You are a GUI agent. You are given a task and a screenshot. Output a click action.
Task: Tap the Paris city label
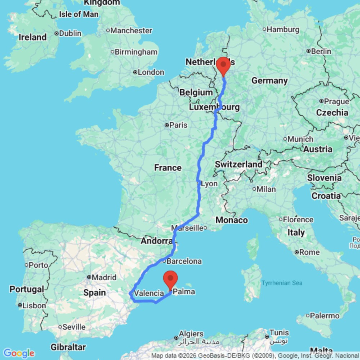(179, 125)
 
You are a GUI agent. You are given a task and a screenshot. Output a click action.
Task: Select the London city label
(151, 72)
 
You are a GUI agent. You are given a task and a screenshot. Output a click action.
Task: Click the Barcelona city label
(186, 261)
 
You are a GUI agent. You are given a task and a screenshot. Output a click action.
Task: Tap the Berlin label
(321, 51)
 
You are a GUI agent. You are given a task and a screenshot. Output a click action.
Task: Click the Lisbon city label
(34, 306)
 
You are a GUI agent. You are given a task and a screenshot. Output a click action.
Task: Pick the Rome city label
(309, 252)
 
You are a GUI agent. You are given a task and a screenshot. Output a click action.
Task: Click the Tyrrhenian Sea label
(282, 283)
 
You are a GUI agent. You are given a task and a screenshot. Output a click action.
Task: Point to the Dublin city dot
(57, 33)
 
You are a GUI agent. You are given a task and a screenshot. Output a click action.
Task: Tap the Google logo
(18, 353)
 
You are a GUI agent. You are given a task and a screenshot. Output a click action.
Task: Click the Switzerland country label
(239, 165)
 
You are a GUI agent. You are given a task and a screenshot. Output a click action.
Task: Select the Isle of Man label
(78, 14)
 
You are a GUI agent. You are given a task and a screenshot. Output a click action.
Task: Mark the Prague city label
(336, 102)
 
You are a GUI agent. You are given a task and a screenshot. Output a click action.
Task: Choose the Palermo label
(325, 316)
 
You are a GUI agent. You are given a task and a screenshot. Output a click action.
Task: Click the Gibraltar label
(68, 347)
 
